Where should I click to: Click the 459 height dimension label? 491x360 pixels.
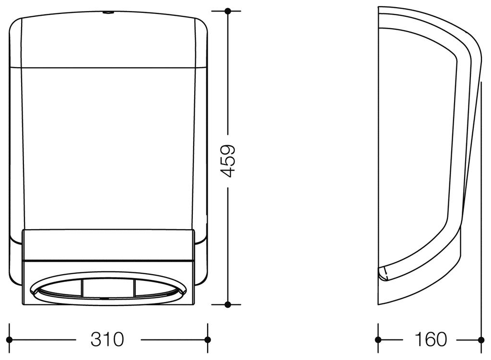point(228,161)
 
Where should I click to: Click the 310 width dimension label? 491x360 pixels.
point(107,339)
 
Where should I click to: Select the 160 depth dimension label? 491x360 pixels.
point(430,339)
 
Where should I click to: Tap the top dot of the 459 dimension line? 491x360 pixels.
point(228,12)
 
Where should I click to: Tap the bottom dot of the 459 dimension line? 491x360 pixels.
point(228,304)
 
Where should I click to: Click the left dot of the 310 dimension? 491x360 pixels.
point(10,339)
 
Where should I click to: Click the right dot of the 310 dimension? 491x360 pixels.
point(207,339)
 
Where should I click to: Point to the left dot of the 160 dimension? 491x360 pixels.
point(378,339)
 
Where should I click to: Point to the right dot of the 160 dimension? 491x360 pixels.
point(480,339)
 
